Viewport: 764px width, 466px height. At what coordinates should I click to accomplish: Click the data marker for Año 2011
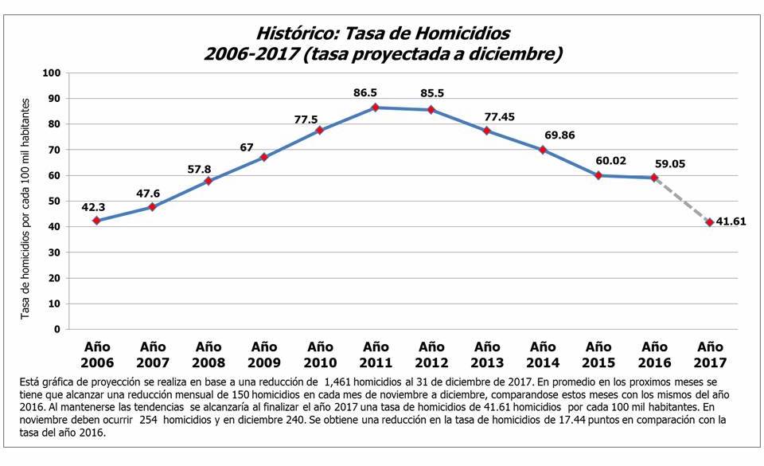pyautogui.click(x=376, y=108)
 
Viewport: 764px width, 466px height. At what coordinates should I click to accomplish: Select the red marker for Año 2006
pyautogui.click(x=96, y=221)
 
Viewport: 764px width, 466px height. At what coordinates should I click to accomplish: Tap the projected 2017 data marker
pyautogui.click(x=710, y=222)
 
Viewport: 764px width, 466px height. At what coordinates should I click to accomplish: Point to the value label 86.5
pyautogui.click(x=365, y=93)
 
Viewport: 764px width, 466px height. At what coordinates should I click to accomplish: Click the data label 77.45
pyautogui.click(x=499, y=116)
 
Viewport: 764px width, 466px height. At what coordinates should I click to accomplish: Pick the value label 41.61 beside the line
pyautogui.click(x=731, y=222)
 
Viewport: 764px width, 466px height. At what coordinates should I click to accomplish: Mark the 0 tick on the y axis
pyautogui.click(x=58, y=329)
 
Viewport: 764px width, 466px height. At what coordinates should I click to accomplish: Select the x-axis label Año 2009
pyautogui.click(x=263, y=354)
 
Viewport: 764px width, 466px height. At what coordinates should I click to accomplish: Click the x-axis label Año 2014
pyautogui.click(x=543, y=354)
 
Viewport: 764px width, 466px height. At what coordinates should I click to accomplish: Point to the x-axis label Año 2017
pyautogui.click(x=710, y=354)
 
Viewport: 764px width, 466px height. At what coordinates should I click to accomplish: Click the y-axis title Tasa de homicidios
pyautogui.click(x=25, y=210)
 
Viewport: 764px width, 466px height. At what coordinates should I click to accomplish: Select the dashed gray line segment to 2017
pyautogui.click(x=682, y=200)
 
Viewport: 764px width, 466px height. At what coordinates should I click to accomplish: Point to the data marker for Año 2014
pyautogui.click(x=543, y=150)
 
